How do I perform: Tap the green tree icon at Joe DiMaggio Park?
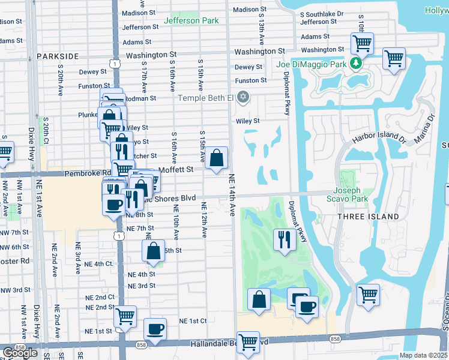point(357,63)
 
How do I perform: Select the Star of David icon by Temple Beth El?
point(243,97)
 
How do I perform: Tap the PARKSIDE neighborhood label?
point(58,56)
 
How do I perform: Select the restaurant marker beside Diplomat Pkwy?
point(283,239)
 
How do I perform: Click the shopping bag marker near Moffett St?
point(218,159)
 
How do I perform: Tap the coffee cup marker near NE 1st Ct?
point(155,329)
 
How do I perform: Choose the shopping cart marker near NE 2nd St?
point(125,316)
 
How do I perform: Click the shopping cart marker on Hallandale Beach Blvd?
point(248,342)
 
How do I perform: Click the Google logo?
point(20,353)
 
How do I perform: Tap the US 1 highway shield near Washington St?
point(113,62)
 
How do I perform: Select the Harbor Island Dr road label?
point(379,137)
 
